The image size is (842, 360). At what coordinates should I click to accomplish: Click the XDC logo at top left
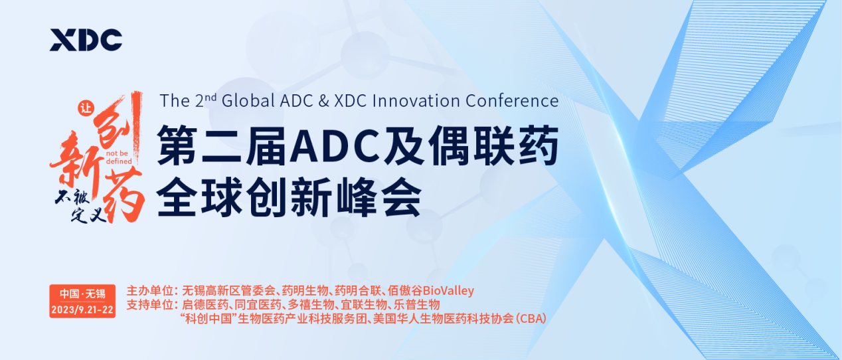[x=86, y=41]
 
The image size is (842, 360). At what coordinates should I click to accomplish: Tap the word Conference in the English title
[x=513, y=100]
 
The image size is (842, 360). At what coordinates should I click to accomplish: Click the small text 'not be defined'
[x=119, y=157]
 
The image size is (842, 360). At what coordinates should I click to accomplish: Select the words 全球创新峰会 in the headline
[x=289, y=196]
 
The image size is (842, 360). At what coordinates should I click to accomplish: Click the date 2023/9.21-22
[x=82, y=310]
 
